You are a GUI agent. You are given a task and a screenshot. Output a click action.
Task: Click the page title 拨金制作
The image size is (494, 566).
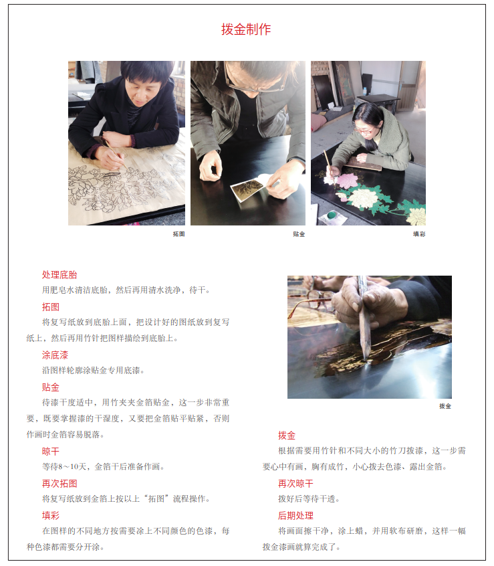[246, 29]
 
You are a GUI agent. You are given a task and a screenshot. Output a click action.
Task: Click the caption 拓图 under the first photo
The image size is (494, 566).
[179, 234]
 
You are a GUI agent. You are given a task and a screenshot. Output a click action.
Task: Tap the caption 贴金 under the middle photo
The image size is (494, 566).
[299, 234]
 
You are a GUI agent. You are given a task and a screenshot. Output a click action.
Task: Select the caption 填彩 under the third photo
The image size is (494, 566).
[419, 234]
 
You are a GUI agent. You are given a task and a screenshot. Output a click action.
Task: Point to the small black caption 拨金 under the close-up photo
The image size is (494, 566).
[445, 406]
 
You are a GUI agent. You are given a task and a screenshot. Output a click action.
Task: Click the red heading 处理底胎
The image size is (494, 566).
[59, 275]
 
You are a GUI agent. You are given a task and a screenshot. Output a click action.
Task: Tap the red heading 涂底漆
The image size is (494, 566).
[55, 355]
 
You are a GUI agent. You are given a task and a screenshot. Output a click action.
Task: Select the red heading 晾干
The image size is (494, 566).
[51, 451]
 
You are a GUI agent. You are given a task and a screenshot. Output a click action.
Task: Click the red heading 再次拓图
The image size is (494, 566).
[59, 483]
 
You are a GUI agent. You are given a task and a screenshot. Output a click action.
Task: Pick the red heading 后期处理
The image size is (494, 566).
[295, 515]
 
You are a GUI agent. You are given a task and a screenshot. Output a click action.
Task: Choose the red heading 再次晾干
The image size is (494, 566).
[295, 483]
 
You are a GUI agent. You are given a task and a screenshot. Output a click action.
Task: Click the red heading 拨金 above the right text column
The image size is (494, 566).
[287, 436]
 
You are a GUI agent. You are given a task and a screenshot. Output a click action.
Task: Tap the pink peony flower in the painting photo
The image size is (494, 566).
[346, 181]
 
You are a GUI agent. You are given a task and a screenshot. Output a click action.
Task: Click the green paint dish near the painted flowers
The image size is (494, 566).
[332, 215]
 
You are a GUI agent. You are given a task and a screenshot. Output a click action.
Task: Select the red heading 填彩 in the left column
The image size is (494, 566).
[51, 515]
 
